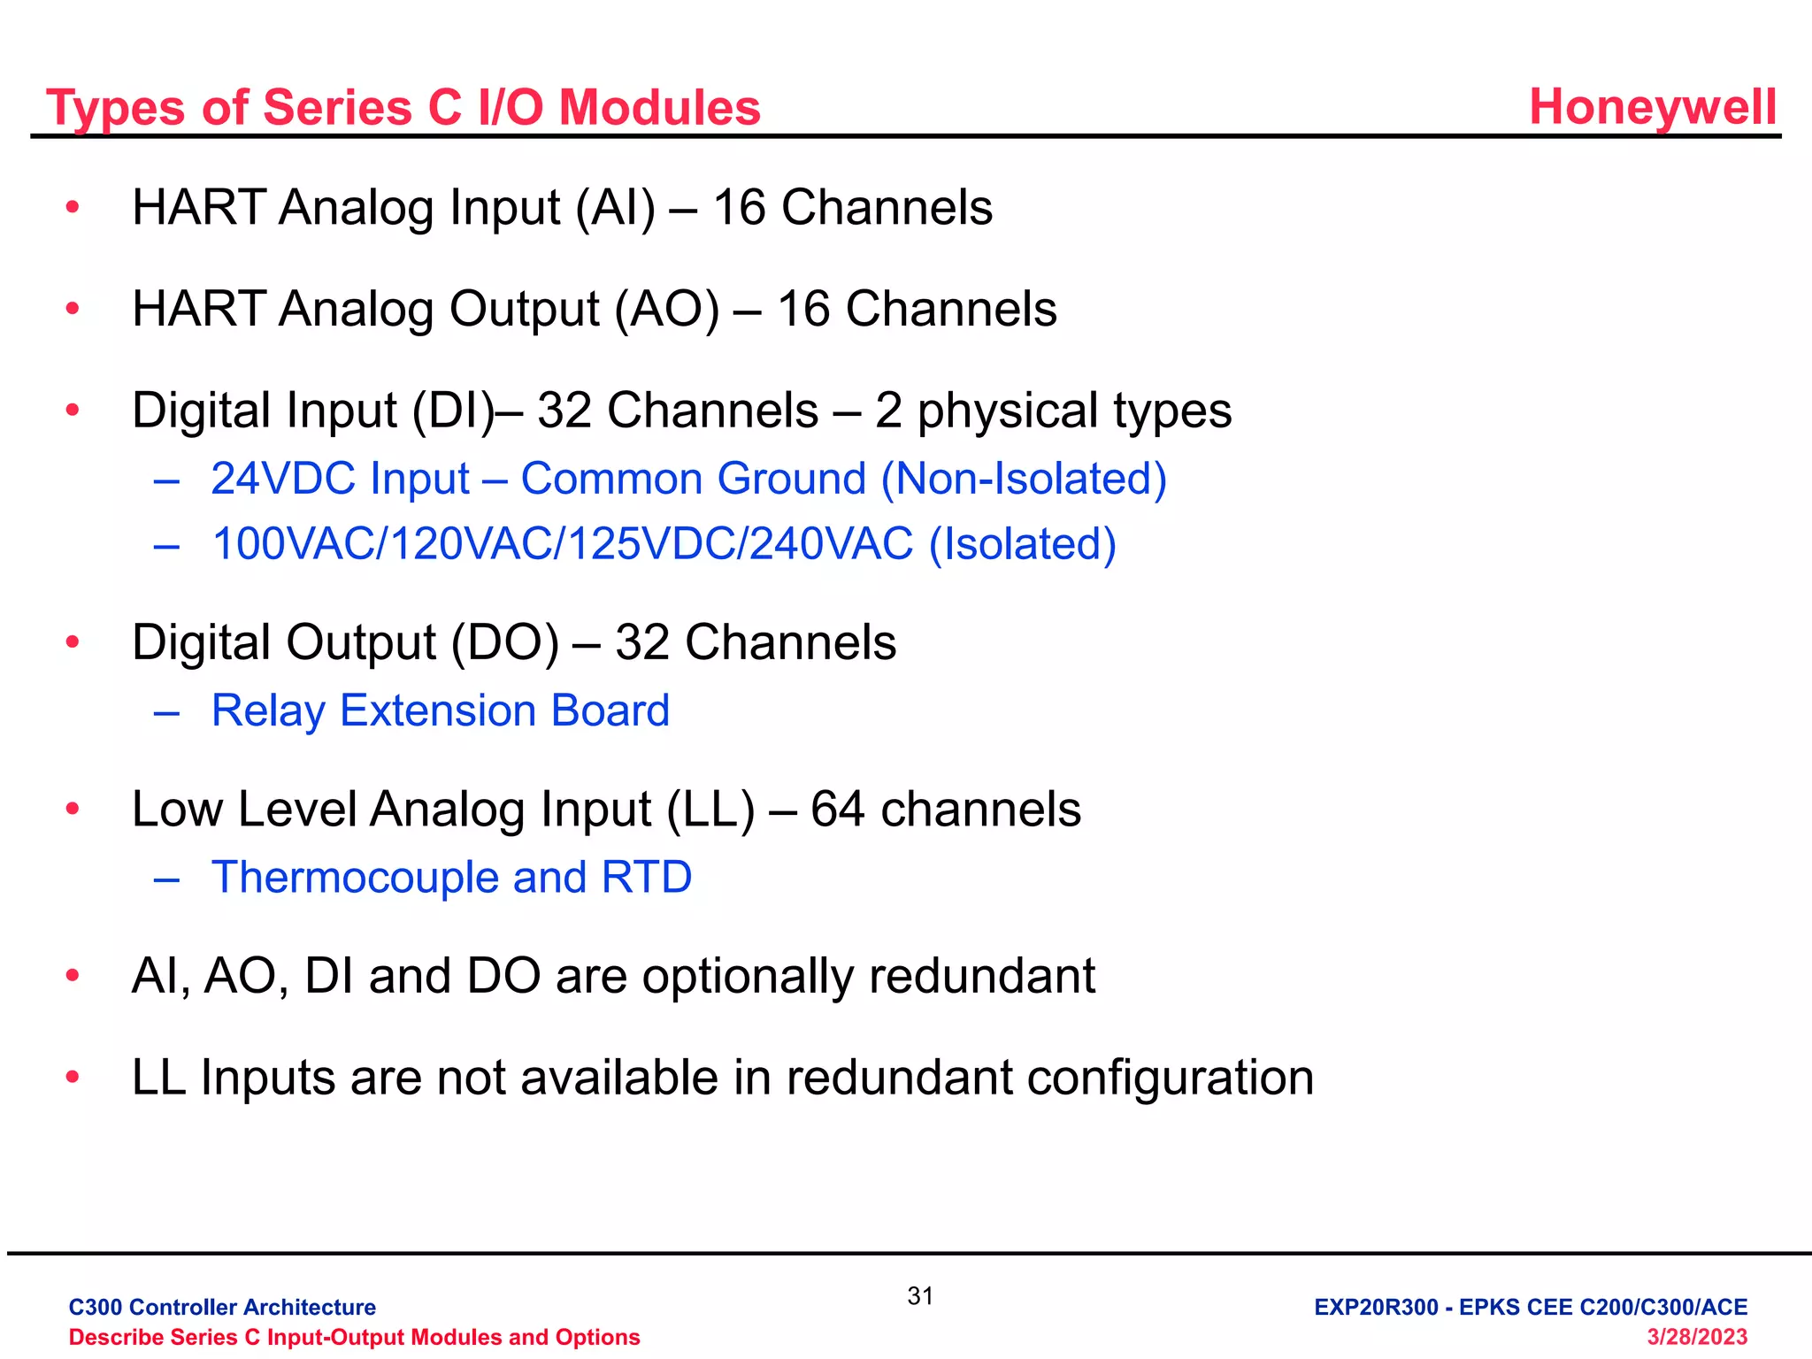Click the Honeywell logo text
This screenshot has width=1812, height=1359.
pyautogui.click(x=1652, y=108)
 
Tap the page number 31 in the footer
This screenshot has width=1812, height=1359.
pyautogui.click(x=920, y=1296)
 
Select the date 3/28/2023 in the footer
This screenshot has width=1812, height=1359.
pyautogui.click(x=1696, y=1337)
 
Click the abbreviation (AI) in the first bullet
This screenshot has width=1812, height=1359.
pyautogui.click(x=616, y=208)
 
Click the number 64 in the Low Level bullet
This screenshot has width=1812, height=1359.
pyautogui.click(x=837, y=810)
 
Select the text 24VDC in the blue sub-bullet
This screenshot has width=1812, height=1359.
pyautogui.click(x=284, y=479)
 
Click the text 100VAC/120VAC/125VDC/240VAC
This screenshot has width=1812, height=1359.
pyautogui.click(x=563, y=544)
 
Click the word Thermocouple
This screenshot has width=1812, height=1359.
pyautogui.click(x=355, y=878)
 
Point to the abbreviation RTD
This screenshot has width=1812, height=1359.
pyautogui.click(x=646, y=878)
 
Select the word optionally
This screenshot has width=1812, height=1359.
pyautogui.click(x=749, y=977)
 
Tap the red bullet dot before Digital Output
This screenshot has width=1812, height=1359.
pyautogui.click(x=73, y=642)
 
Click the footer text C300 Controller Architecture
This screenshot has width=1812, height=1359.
pyautogui.click(x=222, y=1307)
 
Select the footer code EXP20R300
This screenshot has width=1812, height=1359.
pyautogui.click(x=1376, y=1307)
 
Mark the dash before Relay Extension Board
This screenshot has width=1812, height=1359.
pyautogui.click(x=166, y=712)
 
